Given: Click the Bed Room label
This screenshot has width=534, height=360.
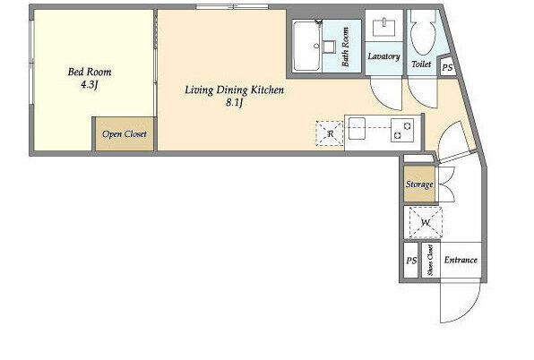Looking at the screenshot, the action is click(x=90, y=72).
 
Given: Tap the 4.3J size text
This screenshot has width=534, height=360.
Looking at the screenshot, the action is click(x=90, y=84).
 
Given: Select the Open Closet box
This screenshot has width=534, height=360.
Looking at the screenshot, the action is click(x=125, y=133).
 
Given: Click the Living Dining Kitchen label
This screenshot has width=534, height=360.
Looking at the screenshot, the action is click(x=235, y=90).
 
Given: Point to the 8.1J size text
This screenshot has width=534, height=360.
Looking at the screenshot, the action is click(x=235, y=102).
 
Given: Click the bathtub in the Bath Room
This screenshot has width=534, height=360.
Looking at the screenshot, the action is click(x=306, y=47).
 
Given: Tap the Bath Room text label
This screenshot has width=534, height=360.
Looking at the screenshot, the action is click(x=345, y=47).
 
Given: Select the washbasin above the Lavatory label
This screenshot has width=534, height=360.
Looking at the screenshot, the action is click(x=383, y=28).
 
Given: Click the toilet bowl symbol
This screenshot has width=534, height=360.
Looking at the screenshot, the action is click(x=423, y=33).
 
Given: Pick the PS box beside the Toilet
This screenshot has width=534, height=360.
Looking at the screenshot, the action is click(x=447, y=67).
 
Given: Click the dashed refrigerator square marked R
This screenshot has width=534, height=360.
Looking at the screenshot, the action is click(x=330, y=133).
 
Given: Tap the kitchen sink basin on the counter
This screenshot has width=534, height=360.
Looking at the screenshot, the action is click(x=357, y=128).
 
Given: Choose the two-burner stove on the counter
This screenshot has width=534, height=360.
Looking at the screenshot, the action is click(x=402, y=130).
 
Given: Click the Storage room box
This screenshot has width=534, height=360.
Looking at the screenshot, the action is click(x=419, y=184).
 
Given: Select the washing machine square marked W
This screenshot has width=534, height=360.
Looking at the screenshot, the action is click(x=426, y=222).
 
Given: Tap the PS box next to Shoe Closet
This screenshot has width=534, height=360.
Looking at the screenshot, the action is click(x=411, y=261).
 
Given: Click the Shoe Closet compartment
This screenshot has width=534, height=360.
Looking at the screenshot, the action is click(x=430, y=261).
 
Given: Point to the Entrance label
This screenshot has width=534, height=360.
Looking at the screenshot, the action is click(x=461, y=260).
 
